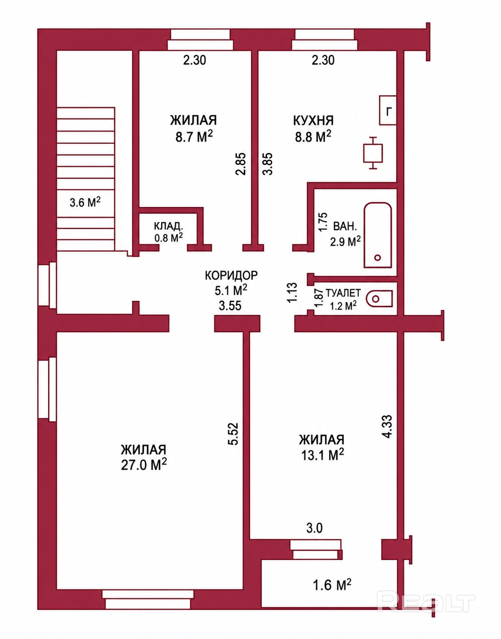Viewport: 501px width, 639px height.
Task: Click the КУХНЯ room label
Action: [x=313, y=120]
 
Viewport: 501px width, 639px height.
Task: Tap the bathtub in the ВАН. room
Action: [x=378, y=235]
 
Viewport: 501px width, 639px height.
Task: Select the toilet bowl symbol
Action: [x=380, y=299]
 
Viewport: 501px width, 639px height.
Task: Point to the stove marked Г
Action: [x=388, y=110]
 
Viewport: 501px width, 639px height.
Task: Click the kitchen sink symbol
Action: [x=373, y=153]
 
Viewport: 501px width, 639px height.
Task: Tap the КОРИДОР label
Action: [x=231, y=276]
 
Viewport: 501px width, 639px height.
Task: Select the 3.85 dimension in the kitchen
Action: [x=268, y=164]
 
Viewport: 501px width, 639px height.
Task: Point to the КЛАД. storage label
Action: [x=168, y=226]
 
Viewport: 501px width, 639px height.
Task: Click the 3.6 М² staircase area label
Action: [x=85, y=202]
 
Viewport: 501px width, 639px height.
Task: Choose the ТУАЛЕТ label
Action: [x=343, y=293]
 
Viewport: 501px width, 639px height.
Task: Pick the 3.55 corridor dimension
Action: [x=230, y=306]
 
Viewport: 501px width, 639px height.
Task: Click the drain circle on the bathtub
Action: [x=378, y=257]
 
